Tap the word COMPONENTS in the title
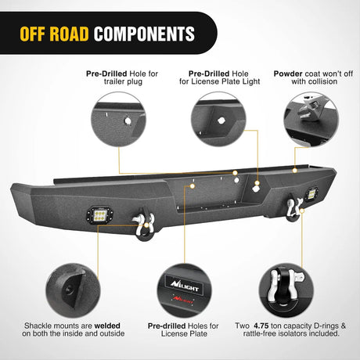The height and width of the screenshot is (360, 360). pyautogui.click(x=144, y=34)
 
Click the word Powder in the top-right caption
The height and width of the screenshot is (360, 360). pyautogui.click(x=288, y=74)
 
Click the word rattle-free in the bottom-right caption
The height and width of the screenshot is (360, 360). pyautogui.click(x=257, y=334)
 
